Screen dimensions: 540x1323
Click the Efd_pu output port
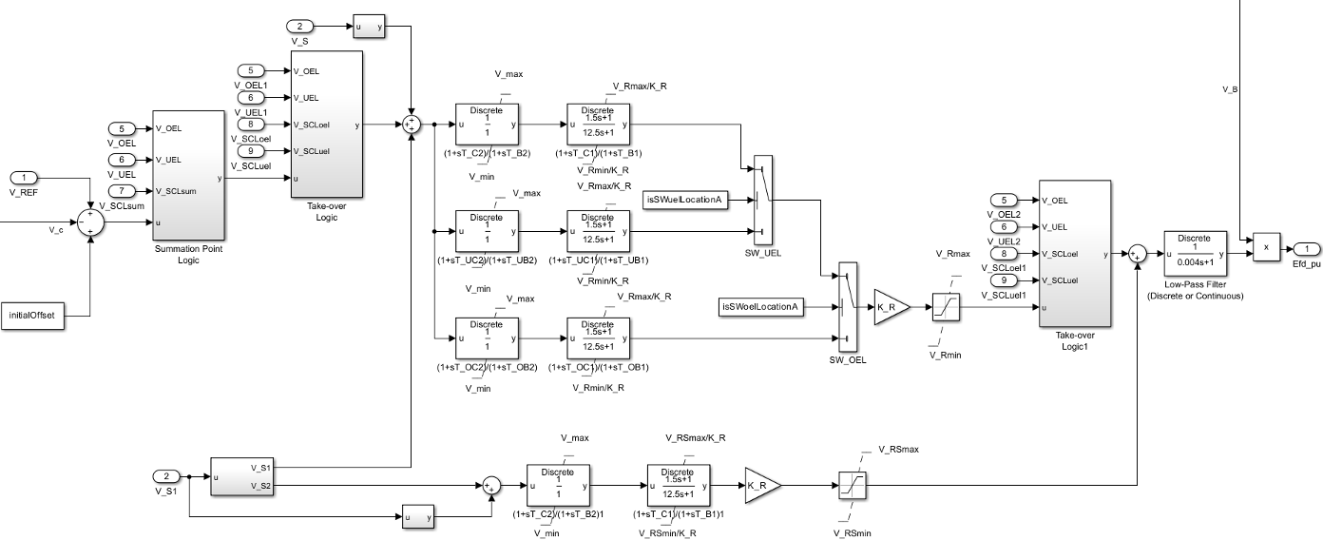pos(1306,248)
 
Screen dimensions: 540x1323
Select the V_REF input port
pos(24,178)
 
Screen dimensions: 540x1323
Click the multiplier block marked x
pos(1266,246)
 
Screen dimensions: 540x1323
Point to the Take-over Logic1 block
pos(1075,253)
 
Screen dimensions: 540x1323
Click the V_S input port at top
pos(298,28)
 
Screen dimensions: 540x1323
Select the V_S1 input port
pos(166,475)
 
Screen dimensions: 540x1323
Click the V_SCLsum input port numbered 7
pos(123,189)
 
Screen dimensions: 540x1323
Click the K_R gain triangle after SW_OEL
pos(890,307)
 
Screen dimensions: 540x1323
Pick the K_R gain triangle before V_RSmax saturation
pos(760,485)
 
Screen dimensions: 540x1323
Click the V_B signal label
pos(1229,89)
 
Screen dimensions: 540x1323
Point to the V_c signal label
pos(56,229)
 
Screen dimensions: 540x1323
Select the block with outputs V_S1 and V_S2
pos(241,476)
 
